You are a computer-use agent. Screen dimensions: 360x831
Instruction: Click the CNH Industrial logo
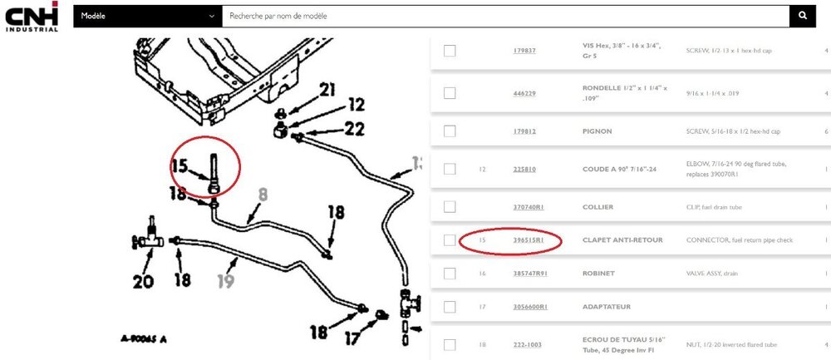(32, 16)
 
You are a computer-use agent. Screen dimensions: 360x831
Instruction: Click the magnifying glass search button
(802, 16)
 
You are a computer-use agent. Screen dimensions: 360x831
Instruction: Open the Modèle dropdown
(147, 16)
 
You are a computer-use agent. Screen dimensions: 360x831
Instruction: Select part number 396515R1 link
(529, 240)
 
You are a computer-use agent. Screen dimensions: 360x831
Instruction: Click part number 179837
(524, 51)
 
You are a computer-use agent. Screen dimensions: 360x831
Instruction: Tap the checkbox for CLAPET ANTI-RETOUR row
(450, 240)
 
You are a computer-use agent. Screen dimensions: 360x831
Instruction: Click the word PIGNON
(598, 131)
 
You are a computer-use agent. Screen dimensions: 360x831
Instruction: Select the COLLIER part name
(599, 207)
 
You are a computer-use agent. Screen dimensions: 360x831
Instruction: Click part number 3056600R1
(530, 307)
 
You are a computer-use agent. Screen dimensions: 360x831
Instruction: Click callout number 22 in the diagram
(355, 128)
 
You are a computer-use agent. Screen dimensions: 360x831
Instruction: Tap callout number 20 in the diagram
(143, 282)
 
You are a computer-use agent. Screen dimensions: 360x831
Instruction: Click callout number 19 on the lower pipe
(226, 282)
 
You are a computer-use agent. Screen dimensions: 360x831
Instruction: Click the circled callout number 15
(180, 166)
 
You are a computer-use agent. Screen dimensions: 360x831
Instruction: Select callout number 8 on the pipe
(263, 195)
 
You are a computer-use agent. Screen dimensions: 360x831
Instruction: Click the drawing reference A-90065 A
(144, 338)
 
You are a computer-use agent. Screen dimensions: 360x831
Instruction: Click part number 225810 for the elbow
(524, 169)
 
